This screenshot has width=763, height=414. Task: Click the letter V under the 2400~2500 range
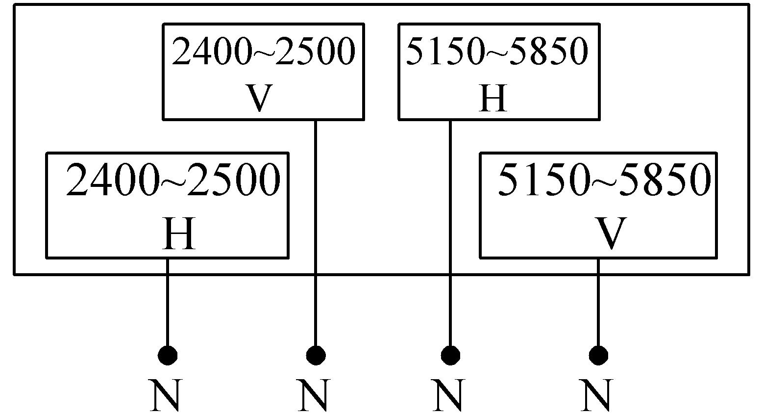click(258, 98)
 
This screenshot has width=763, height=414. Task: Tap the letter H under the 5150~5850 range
click(492, 98)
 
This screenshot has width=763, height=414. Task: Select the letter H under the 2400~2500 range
click(179, 234)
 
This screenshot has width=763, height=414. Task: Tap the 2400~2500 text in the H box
click(173, 181)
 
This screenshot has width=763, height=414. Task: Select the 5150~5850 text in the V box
click(604, 180)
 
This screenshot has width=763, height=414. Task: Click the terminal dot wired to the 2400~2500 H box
click(168, 355)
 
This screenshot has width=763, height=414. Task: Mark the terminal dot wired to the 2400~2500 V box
click(316, 355)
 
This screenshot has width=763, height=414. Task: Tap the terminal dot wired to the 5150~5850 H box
click(450, 355)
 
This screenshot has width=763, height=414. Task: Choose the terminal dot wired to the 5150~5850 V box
click(598, 355)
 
